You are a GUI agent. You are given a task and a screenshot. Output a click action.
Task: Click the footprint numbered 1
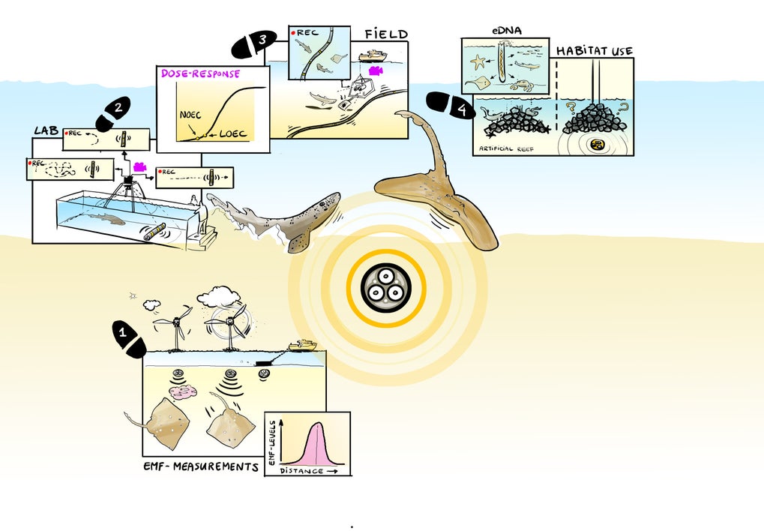(x=129, y=339)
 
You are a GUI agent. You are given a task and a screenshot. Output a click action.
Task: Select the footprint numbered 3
(x=250, y=45)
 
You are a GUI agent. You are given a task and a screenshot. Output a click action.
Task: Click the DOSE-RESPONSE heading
(x=201, y=73)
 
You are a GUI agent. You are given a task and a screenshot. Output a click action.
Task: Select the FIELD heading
(x=386, y=34)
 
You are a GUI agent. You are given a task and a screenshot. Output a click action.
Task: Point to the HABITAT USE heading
(x=595, y=51)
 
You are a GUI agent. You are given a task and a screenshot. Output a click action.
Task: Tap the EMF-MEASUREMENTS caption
(x=200, y=466)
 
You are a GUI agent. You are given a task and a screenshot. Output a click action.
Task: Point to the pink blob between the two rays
(x=183, y=391)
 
